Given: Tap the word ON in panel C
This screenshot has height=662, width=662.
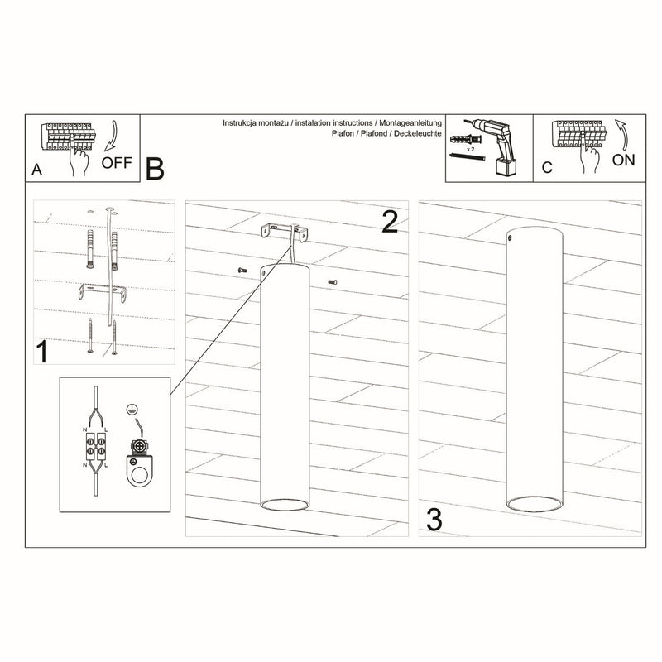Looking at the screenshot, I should (623, 160).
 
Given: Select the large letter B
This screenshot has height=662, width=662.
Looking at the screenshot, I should (155, 168).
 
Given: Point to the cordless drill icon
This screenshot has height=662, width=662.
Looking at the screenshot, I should (498, 144).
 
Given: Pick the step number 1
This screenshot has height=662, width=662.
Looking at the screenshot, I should (40, 353).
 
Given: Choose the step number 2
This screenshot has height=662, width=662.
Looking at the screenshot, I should (391, 221).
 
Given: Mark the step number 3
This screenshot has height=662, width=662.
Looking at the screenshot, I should (433, 520).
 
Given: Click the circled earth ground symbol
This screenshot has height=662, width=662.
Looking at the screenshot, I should (128, 409).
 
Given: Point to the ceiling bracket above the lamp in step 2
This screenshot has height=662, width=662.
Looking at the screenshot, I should (283, 232).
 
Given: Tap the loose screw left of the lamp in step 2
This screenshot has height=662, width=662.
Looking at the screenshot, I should (241, 271).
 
